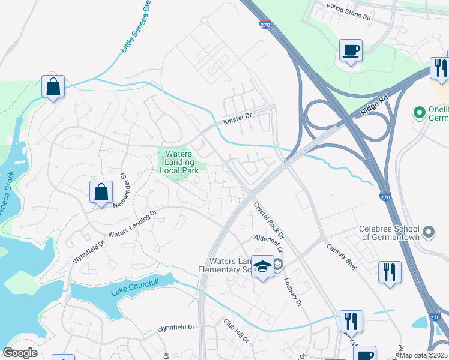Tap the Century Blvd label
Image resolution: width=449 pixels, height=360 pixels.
coord(342,256)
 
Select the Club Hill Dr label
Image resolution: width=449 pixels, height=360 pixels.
coord(237,331)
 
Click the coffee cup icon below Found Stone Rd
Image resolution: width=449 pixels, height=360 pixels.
coord(351,50)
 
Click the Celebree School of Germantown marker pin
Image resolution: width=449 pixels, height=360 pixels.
coord(429,231)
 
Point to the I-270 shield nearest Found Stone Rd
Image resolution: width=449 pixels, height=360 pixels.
coord(267,25)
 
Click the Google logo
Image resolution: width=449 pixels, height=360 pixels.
coord(20,352)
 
